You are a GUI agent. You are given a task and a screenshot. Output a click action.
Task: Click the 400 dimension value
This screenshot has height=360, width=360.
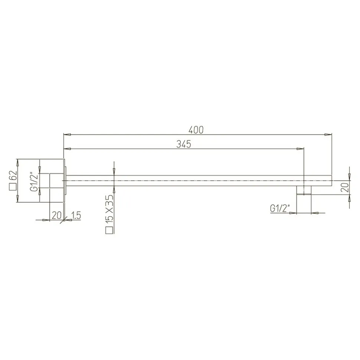pos(196,130)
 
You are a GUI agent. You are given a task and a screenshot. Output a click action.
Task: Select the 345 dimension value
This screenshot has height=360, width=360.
pos(184,144)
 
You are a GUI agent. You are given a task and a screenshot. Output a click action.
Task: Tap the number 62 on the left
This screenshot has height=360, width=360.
pos(13,176)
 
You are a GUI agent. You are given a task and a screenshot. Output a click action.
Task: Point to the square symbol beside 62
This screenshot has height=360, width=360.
pos(13,187)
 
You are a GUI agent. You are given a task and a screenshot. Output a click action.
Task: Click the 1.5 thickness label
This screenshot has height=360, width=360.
pos(76,215)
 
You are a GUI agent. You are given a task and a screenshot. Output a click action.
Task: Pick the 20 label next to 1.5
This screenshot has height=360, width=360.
pos(56,215)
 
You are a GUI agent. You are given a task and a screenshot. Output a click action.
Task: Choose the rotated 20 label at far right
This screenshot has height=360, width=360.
pos(345,187)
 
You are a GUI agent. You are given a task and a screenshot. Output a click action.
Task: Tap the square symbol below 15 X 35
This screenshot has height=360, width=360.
pos(109,230)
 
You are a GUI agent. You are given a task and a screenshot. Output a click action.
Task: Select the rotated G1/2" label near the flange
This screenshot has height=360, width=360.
pos(34,181)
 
